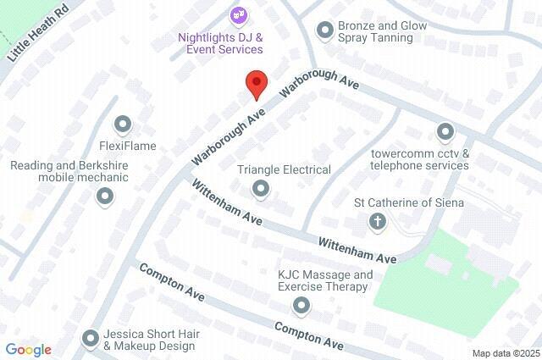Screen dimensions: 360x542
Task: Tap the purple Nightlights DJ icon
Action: coord(237,15)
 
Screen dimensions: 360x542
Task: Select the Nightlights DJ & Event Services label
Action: coord(220,43)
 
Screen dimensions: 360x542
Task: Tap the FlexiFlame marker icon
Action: coord(124,125)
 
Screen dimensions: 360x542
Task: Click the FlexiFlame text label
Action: coord(127,146)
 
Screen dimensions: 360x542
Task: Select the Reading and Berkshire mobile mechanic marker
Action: coord(105,197)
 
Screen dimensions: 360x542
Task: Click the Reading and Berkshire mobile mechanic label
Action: coord(69,171)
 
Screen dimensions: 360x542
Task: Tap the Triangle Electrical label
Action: coord(284,169)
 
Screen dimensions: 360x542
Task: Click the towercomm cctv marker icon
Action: coord(445,131)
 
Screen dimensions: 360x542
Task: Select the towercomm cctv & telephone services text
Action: coord(420,159)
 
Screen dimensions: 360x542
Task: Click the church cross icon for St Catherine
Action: coord(378,222)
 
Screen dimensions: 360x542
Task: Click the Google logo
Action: coord(28,350)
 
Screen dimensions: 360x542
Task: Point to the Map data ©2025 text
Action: coord(506,353)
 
